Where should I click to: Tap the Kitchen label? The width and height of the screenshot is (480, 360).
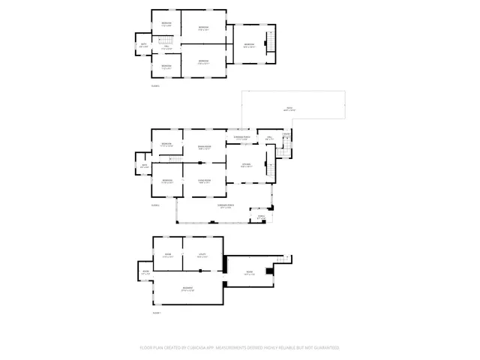pos(246,165)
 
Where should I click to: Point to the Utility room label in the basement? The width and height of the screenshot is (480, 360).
pos(202,255)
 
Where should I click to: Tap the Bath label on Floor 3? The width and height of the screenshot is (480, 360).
pos(143,44)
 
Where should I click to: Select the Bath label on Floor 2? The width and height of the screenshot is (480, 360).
pos(144,166)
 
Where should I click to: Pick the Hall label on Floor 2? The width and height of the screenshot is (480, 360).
pos(268,137)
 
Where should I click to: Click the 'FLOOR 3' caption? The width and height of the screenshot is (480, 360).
pos(156,87)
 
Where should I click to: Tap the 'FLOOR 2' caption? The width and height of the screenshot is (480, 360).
pos(156,204)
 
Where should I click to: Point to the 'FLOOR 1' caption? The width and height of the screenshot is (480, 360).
pos(157,312)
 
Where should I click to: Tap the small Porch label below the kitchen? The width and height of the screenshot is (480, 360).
pos(262,217)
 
